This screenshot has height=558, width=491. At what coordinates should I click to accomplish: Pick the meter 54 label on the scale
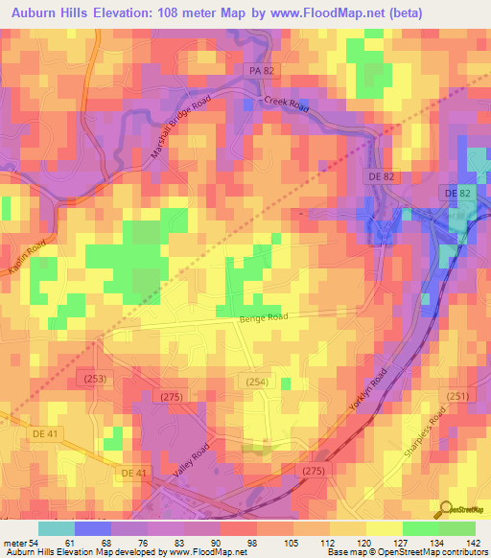pos(21,544)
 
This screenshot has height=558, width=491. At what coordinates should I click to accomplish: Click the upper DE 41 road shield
pos(48,433)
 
